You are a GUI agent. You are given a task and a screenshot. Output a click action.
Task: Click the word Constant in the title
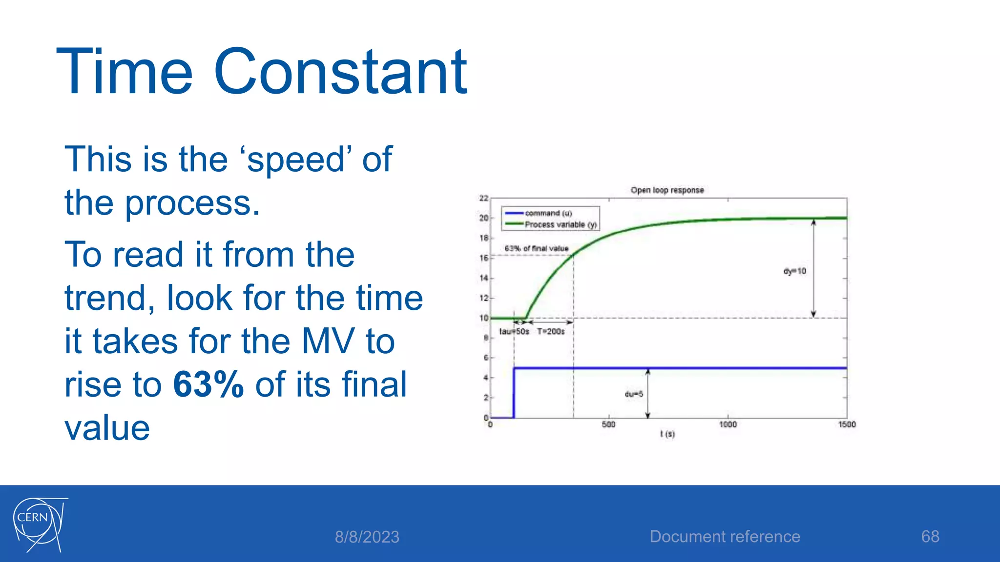[340, 72]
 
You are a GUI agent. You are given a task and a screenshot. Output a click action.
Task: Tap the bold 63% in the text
[208, 384]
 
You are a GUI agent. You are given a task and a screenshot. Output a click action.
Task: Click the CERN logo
[39, 524]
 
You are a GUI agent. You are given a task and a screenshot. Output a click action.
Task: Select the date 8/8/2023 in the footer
[367, 537]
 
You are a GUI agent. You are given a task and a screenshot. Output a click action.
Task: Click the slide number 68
[930, 537]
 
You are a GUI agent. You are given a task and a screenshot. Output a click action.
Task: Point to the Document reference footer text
[725, 537]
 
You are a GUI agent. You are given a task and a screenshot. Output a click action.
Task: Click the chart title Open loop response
[667, 190]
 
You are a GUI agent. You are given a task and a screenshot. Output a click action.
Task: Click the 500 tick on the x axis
[608, 424]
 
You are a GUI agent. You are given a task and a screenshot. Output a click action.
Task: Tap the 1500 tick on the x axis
[847, 424]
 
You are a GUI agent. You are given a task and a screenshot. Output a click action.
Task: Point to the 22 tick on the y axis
[483, 198]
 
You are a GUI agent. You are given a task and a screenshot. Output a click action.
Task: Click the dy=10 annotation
[794, 271]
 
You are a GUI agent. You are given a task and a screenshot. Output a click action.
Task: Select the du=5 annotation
[634, 394]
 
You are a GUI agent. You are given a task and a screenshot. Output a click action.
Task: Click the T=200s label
[551, 332]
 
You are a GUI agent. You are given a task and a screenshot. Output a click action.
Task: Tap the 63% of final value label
[537, 248]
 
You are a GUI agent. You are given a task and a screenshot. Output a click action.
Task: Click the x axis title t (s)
[667, 434]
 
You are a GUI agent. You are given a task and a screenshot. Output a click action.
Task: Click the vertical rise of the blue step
[514, 393]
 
